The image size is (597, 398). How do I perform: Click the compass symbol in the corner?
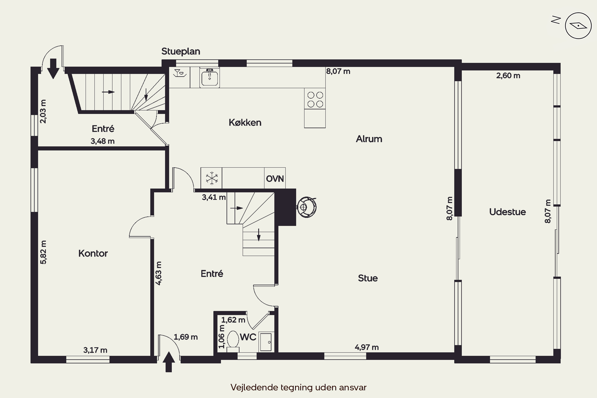(x=578, y=26)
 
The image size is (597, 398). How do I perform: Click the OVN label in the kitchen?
(x=275, y=179)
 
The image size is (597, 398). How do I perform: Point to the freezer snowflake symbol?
(x=212, y=178)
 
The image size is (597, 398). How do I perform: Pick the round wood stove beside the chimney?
(x=307, y=207)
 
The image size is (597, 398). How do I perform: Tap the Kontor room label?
(x=93, y=253)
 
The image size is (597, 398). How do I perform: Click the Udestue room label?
(x=507, y=212)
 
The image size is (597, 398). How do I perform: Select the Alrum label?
(x=369, y=139)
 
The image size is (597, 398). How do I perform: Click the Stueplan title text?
(x=181, y=51)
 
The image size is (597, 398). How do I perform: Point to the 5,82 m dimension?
(x=43, y=252)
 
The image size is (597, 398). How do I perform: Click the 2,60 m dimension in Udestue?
(x=508, y=76)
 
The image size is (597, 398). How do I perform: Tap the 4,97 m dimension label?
(x=367, y=347)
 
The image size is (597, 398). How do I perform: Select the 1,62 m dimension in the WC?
(x=233, y=320)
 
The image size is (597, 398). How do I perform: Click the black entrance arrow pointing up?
(x=169, y=362)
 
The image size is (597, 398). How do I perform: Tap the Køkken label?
(x=245, y=123)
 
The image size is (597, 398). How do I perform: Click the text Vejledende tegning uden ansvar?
(x=298, y=387)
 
